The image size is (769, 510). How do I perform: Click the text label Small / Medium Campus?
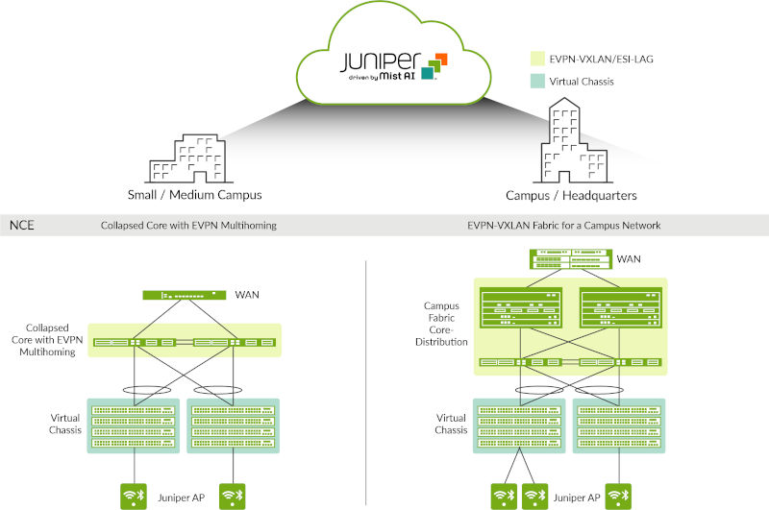pos(194,195)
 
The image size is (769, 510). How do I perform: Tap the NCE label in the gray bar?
pos(21,226)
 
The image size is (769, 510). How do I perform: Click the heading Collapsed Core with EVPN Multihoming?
pos(188,226)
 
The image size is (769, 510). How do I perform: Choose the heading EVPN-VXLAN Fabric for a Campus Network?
pos(566,226)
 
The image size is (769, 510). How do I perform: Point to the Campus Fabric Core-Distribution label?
pos(446,323)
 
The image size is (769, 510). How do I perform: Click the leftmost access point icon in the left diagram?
pos(132,496)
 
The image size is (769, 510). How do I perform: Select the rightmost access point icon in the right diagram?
pos(620,496)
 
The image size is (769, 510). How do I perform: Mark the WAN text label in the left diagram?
pos(248,294)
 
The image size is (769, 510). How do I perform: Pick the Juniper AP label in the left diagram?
pos(183,497)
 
